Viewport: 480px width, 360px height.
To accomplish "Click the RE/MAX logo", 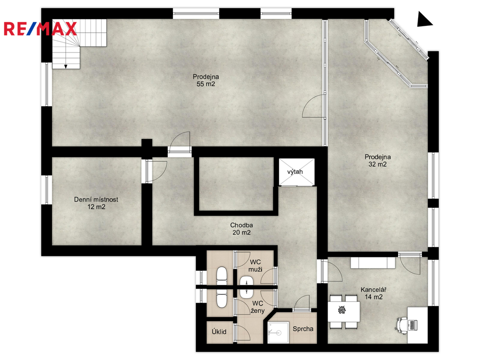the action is point(40,29).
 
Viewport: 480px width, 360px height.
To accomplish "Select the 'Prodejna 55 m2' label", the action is point(206,80).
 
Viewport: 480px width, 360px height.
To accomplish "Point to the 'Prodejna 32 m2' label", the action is point(377,160).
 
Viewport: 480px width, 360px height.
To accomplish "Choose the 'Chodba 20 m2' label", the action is point(241,229).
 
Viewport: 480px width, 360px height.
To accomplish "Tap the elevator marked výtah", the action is point(296,172).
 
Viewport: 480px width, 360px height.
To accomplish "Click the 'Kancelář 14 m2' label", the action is point(374,293).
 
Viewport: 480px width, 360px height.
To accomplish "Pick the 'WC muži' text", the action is point(255,266).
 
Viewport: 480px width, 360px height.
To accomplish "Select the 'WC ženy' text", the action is point(257,307).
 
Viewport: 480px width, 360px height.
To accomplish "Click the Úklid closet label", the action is point(219,332).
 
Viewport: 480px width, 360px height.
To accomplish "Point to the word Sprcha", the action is point(303,329).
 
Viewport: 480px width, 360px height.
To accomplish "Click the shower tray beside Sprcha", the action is point(278,332).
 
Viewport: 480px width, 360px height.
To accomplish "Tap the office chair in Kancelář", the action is point(401,324).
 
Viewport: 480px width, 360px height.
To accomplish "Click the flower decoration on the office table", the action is point(342,310).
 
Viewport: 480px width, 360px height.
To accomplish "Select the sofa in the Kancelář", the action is point(373,263).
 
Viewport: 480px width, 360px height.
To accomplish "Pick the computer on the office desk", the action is point(413,325).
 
